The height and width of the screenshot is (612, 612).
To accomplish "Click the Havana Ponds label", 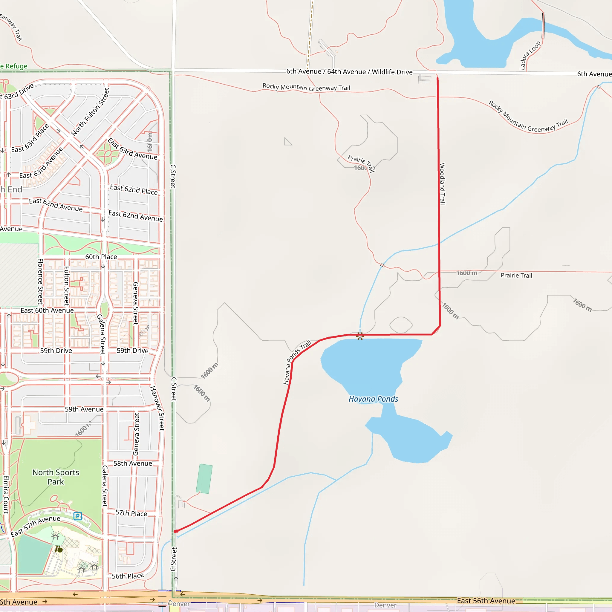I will pos(373,399).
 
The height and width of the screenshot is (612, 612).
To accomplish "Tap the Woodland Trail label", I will pos(442,184).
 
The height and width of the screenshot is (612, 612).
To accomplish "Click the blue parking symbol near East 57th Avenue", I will pos(78,516).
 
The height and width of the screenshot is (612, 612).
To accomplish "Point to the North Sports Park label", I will pos(56,477).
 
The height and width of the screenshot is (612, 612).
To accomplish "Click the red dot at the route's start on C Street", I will pos(175,531).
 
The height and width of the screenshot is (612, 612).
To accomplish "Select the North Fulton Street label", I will pos(90,112).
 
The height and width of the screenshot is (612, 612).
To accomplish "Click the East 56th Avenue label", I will pos(486,601).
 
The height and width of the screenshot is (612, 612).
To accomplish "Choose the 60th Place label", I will pos(101,257).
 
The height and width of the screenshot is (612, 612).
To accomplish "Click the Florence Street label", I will pos(41,281).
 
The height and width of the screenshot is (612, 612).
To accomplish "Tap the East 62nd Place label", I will pos(134,190).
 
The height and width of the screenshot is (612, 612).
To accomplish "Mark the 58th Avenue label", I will pos(133,463).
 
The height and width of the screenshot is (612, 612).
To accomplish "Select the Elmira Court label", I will pos(6,494).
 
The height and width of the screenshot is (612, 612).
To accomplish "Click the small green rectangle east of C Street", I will pos(204,479).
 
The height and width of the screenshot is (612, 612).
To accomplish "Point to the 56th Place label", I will pos(128,576).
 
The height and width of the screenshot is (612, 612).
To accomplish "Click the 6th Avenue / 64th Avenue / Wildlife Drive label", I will pos(349,72).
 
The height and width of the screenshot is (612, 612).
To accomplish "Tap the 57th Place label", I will pos(131,513).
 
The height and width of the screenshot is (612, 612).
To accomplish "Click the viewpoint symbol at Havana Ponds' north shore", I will pos(360,336).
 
